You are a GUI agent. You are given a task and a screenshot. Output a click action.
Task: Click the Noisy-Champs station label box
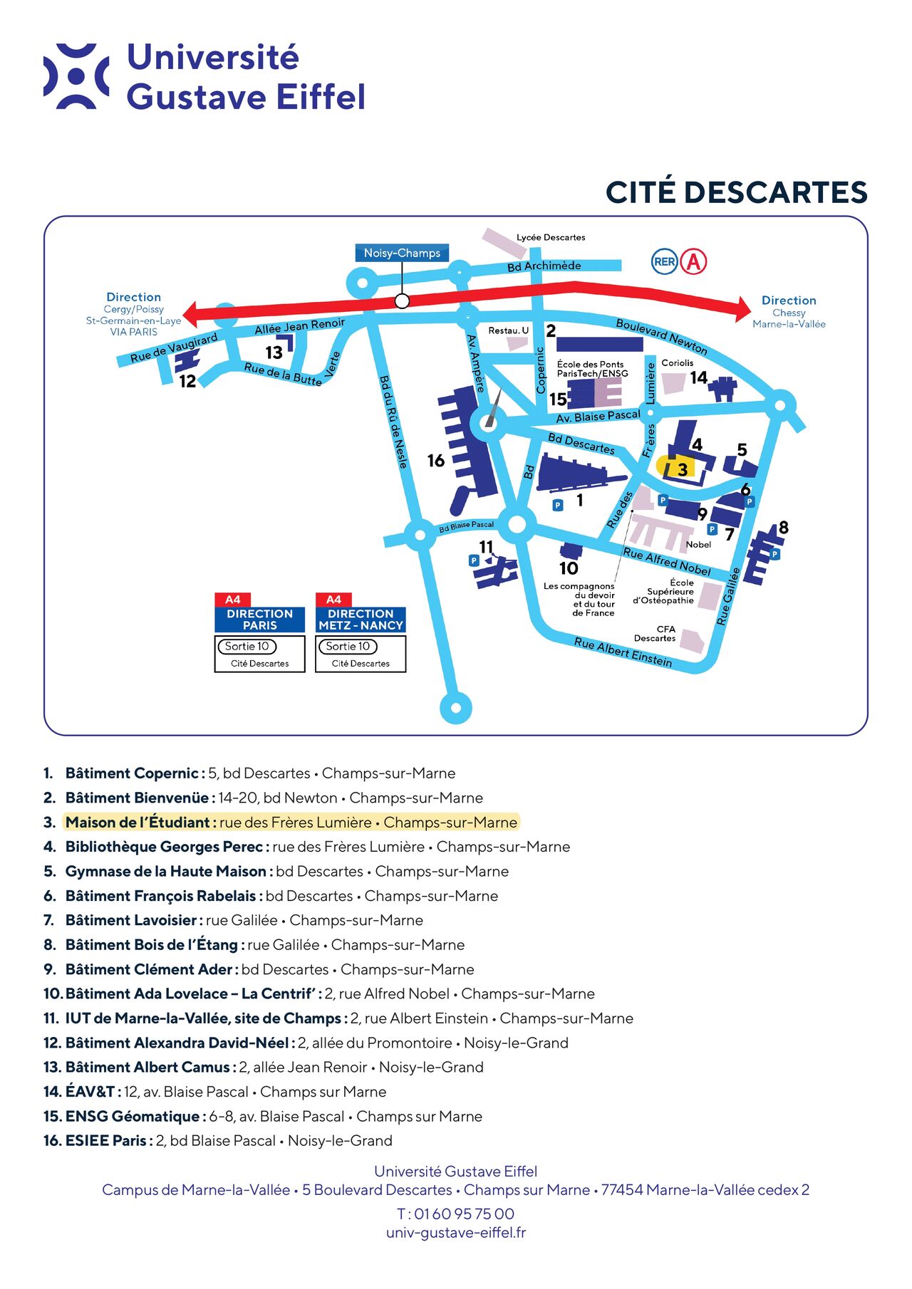[x=402, y=253]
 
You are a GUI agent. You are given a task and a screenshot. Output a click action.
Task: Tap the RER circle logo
[x=665, y=261]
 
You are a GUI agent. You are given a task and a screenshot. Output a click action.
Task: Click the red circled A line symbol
[x=693, y=261]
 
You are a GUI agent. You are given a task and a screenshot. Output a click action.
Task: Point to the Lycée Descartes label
[x=551, y=237]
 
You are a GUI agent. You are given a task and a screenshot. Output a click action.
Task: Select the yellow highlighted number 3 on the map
[x=683, y=469]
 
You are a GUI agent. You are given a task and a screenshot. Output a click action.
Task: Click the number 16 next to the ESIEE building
[x=436, y=461]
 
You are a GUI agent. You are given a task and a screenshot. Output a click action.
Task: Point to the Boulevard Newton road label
[x=662, y=336]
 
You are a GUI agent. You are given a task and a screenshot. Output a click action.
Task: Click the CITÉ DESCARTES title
[x=737, y=192]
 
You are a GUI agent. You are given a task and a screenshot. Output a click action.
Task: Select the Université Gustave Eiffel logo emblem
[x=76, y=76]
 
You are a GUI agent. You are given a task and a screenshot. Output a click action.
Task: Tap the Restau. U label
[x=508, y=330]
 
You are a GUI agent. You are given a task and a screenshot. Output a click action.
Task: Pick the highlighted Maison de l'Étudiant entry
[x=291, y=823]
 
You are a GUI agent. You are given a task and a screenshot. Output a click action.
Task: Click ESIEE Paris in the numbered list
[x=106, y=1141]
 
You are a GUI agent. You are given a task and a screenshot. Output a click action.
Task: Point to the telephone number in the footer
[x=455, y=1214]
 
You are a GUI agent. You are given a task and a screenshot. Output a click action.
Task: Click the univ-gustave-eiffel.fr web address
[x=456, y=1233]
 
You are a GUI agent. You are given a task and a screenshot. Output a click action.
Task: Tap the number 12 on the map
[x=187, y=382]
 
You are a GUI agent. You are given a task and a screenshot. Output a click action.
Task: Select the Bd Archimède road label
[x=544, y=266]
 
